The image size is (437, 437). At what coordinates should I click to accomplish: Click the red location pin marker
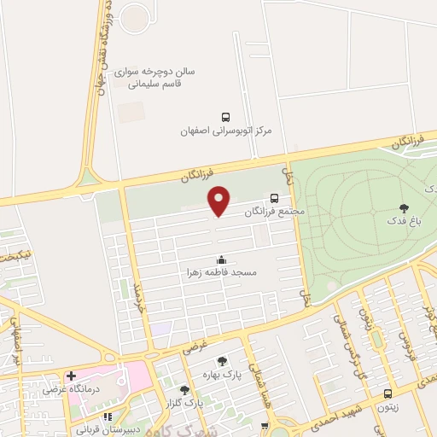pyautogui.click(x=219, y=201)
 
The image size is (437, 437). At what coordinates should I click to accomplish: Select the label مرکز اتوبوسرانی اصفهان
pyautogui.click(x=224, y=131)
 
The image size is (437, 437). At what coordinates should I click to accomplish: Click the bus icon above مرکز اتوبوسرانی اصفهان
pyautogui.click(x=225, y=116)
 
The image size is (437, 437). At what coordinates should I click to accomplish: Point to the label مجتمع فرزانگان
pyautogui.click(x=274, y=210)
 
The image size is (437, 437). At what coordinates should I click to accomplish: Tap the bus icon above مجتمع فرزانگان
pyautogui.click(x=274, y=195)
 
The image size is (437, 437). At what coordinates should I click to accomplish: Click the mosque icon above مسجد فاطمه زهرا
pyautogui.click(x=222, y=259)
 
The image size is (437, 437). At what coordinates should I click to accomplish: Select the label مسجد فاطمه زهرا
pyautogui.click(x=222, y=273)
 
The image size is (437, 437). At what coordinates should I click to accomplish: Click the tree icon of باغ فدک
pyautogui.click(x=404, y=207)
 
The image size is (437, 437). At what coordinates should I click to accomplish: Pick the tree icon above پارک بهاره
pyautogui.click(x=223, y=361)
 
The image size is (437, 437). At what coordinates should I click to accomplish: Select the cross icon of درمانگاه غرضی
pyautogui.click(x=72, y=376)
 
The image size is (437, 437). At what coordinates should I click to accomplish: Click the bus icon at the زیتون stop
pyautogui.click(x=388, y=393)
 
